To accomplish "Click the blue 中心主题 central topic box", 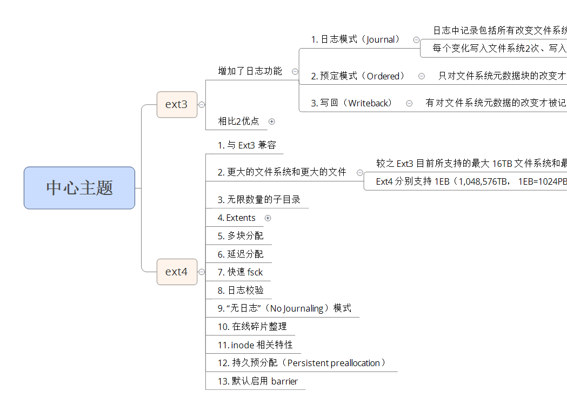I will (x=79, y=188).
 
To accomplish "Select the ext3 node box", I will (x=176, y=104).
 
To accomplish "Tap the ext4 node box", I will (x=176, y=272).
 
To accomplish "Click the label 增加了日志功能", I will (x=250, y=71).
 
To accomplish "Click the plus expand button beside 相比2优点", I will (x=272, y=122).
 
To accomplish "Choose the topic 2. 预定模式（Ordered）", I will (x=359, y=76).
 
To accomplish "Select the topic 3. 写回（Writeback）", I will (x=352, y=103).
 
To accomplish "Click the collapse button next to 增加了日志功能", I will (x=295, y=71).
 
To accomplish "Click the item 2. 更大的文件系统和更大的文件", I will (x=282, y=172).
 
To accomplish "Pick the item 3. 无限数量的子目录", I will (x=259, y=200).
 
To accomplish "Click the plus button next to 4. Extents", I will (x=268, y=218).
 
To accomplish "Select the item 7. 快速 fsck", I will (x=241, y=272).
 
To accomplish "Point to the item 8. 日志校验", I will (x=241, y=291).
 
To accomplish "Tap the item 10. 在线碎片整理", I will (x=252, y=327).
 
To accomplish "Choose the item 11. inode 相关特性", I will (x=255, y=345).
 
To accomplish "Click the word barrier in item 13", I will (x=284, y=381).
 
